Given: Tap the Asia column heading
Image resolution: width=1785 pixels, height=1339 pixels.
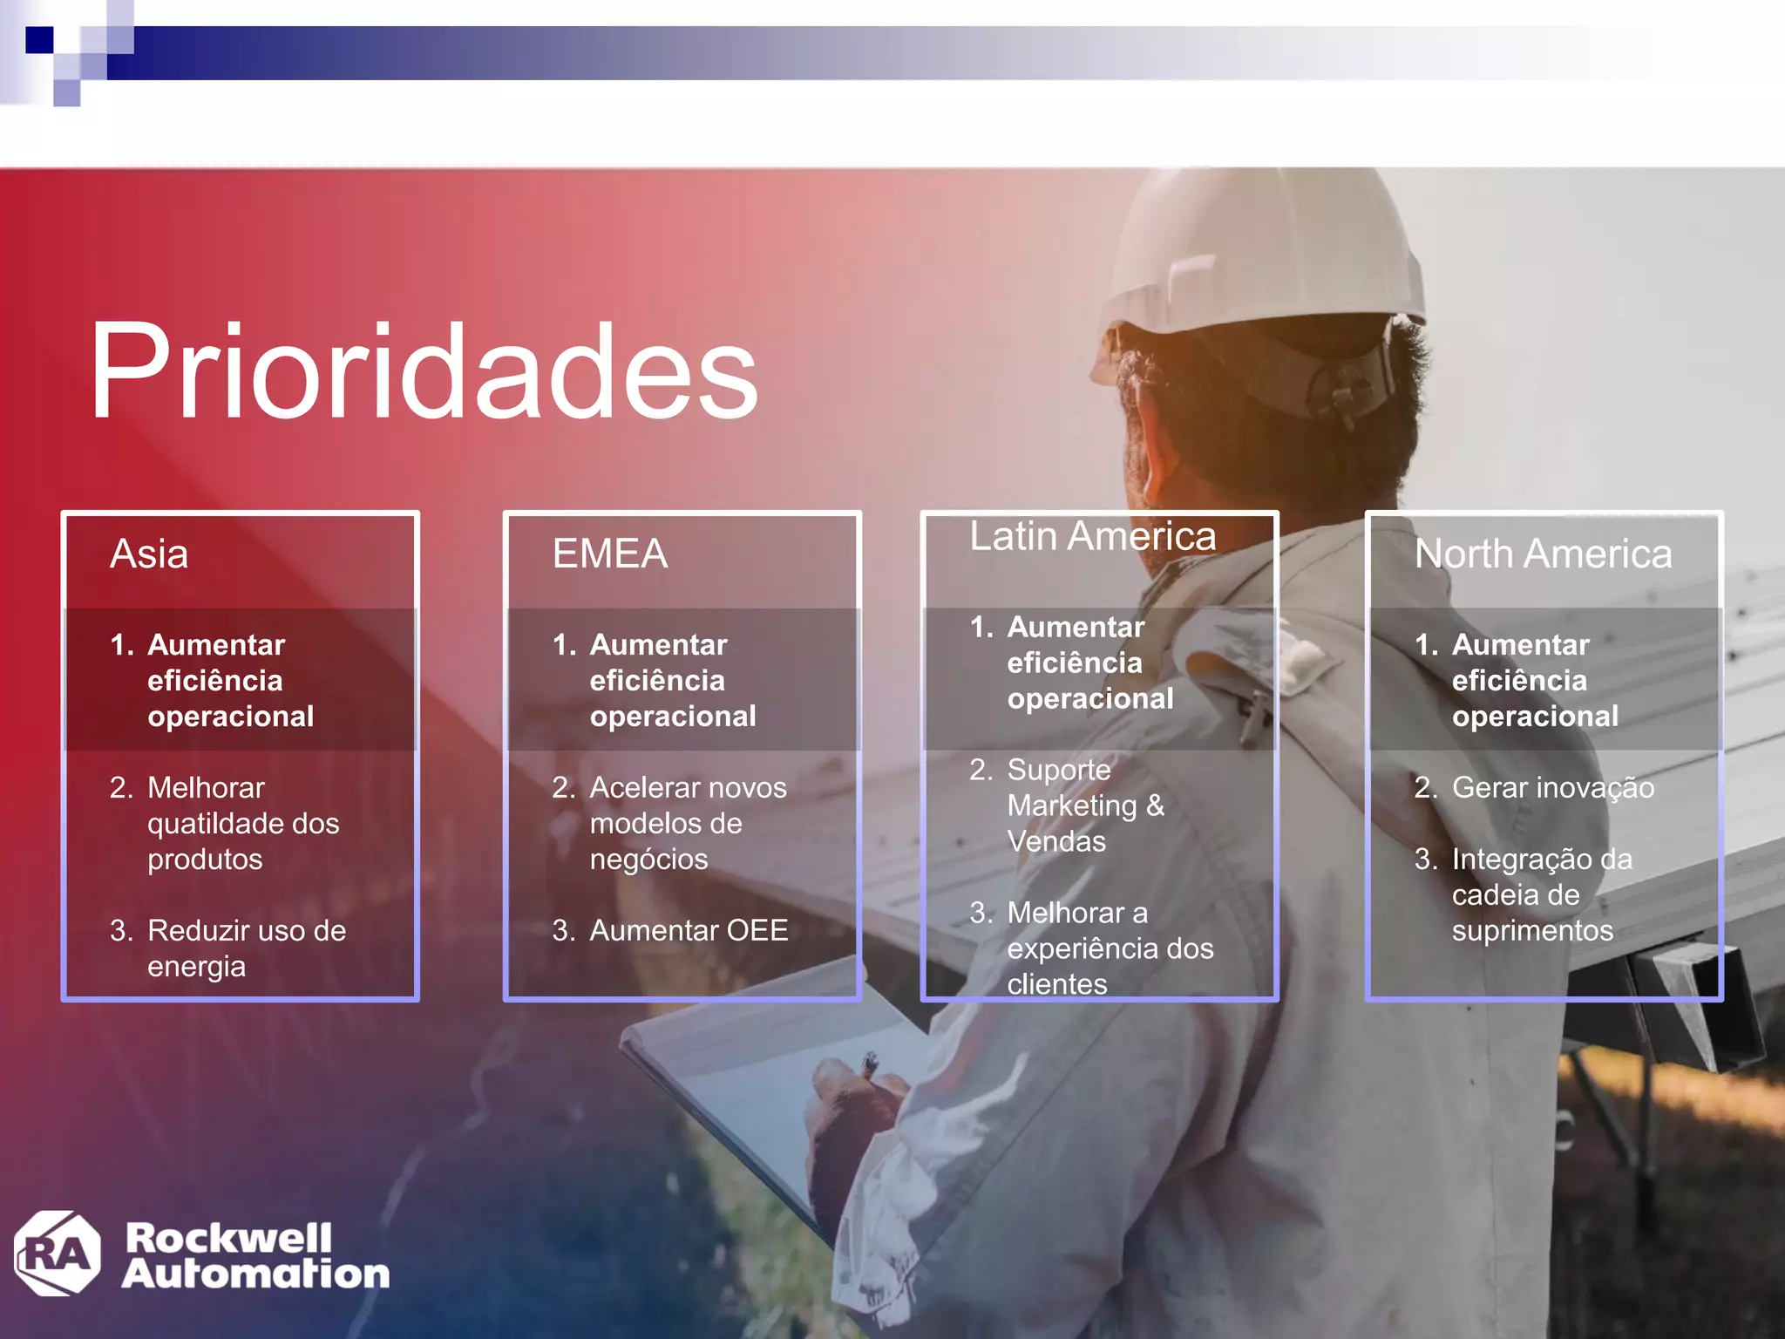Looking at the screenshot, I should [149, 554].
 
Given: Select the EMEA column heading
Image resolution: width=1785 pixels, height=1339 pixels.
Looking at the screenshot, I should [610, 554].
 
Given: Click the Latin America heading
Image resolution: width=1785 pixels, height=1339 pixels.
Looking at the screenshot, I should [1093, 537].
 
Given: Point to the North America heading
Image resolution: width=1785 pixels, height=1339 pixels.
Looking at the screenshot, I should [1543, 554].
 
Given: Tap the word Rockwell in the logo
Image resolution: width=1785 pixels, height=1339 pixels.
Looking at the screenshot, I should [228, 1237].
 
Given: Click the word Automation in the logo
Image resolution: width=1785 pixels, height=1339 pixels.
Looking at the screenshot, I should [256, 1274].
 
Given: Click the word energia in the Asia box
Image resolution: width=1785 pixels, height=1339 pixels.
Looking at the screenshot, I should [196, 967].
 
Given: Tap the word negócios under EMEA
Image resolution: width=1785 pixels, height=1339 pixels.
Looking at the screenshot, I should [648, 860].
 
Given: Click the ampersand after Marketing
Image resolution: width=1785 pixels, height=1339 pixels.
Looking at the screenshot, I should [1155, 805].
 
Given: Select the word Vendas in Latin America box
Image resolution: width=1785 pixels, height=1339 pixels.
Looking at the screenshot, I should [1056, 842].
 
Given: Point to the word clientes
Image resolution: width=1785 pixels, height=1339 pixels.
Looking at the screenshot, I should [1057, 984].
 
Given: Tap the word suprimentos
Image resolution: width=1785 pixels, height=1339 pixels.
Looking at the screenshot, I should [1532, 931].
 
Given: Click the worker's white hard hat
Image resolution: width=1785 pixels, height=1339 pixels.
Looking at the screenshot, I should [1255, 253].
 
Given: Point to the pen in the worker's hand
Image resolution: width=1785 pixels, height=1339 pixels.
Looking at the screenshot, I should [869, 1064].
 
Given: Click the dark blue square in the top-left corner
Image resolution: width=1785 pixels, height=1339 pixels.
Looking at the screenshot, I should [39, 40].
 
